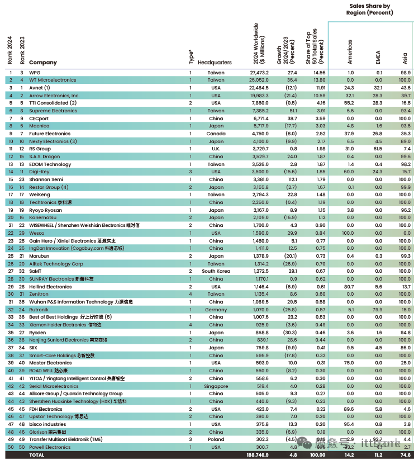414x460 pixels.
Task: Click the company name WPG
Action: pyautogui.click(x=35, y=73)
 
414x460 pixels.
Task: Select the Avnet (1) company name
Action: pyautogui.click(x=40, y=88)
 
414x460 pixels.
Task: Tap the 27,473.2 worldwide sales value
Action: pyautogui.click(x=257, y=73)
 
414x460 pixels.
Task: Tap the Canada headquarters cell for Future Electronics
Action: pyautogui.click(x=216, y=134)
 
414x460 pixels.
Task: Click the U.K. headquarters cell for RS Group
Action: pyautogui.click(x=216, y=149)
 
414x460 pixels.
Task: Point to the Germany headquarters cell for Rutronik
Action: pyautogui.click(x=216, y=310)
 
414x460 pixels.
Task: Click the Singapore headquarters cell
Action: pyautogui.click(x=216, y=386)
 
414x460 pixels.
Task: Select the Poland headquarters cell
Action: pyautogui.click(x=216, y=439)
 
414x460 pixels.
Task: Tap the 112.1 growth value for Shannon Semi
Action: pyautogui.click(x=291, y=179)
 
